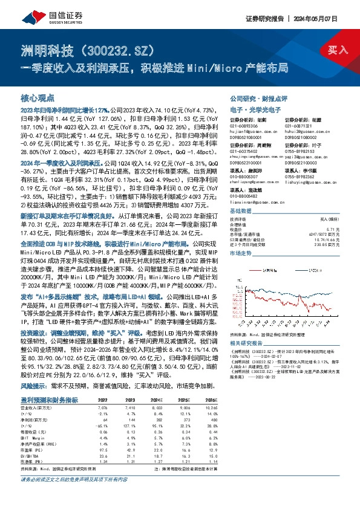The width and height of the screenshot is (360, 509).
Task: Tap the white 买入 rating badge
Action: pyautogui.click(x=333, y=50)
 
